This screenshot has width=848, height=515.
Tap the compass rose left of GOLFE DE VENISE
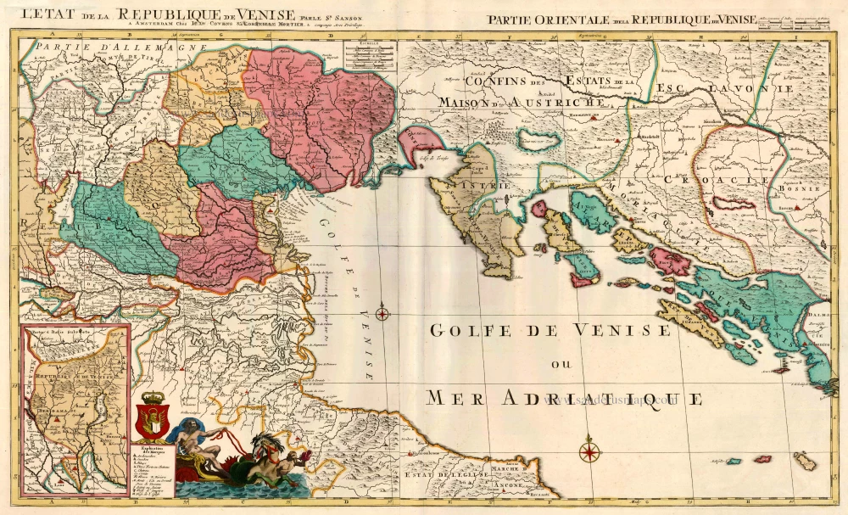pos(382,314)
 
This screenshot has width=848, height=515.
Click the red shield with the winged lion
pos(153,417)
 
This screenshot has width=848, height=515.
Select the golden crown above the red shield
pos(153,396)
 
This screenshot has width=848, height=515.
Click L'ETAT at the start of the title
pos(47,14)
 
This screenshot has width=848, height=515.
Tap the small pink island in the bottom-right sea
pos(763,459)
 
